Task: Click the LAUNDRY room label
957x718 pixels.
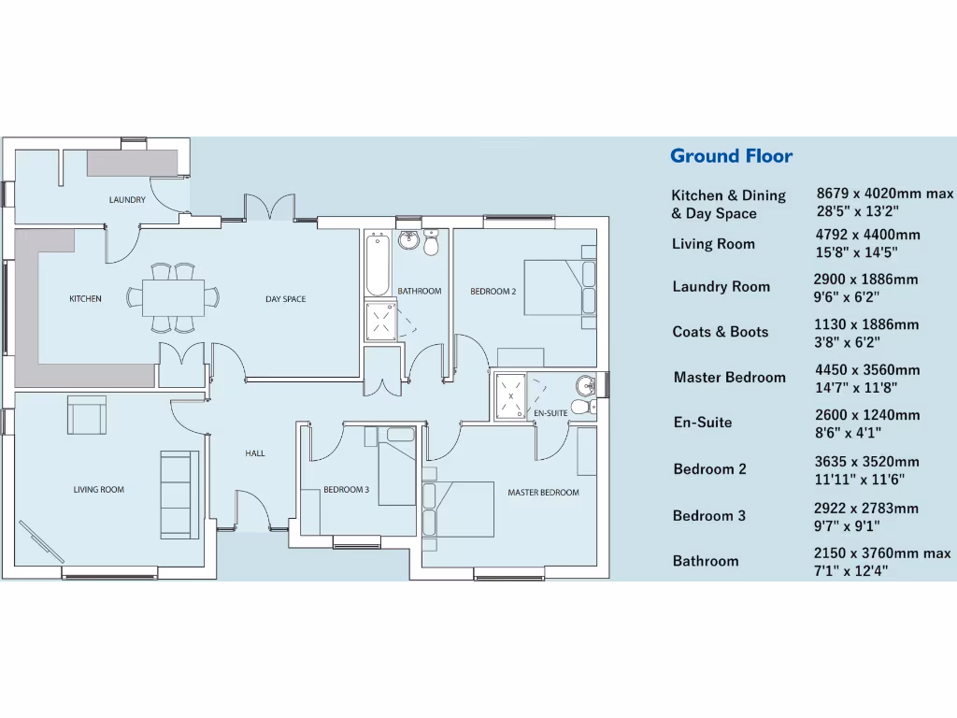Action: (127, 200)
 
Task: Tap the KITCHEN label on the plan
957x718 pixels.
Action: (85, 299)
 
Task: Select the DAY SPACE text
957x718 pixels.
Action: (285, 299)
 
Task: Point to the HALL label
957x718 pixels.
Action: (255, 453)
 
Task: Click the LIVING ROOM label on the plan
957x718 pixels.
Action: (99, 490)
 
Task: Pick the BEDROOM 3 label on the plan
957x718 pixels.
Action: (347, 490)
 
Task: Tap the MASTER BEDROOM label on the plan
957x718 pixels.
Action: (543, 493)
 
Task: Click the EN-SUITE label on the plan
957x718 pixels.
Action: (551, 412)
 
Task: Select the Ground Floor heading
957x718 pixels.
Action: (731, 156)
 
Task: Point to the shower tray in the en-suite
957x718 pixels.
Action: (512, 395)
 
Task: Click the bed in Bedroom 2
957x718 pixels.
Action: (560, 287)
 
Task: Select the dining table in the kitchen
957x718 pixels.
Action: (174, 298)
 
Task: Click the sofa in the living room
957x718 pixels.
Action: (179, 495)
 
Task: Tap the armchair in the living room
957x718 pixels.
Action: (87, 414)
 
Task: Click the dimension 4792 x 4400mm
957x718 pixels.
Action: (867, 235)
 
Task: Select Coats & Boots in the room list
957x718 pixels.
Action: (720, 332)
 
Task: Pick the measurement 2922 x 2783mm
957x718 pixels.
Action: (865, 509)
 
